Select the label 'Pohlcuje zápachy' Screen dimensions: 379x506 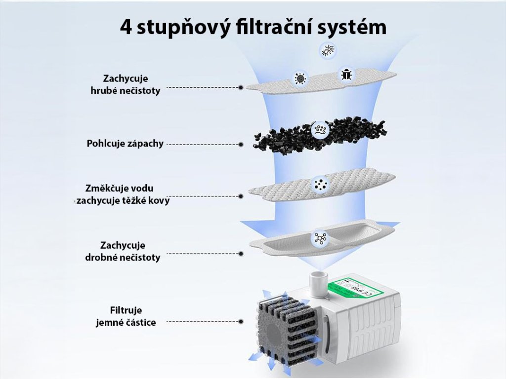pyautogui.click(x=125, y=144)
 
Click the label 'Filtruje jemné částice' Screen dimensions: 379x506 pyautogui.click(x=126, y=316)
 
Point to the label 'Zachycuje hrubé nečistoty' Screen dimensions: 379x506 pyautogui.click(x=126, y=84)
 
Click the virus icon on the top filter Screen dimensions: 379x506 pyautogui.click(x=299, y=78)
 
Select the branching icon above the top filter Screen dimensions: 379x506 pyautogui.click(x=327, y=50)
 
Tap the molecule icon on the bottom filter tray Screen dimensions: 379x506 pyautogui.click(x=319, y=238)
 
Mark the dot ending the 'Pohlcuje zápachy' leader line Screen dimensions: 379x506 pyautogui.click(x=241, y=145)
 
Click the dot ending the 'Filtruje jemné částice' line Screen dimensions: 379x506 pyautogui.click(x=241, y=321)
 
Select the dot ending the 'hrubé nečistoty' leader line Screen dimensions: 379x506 pyautogui.click(x=241, y=87)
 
